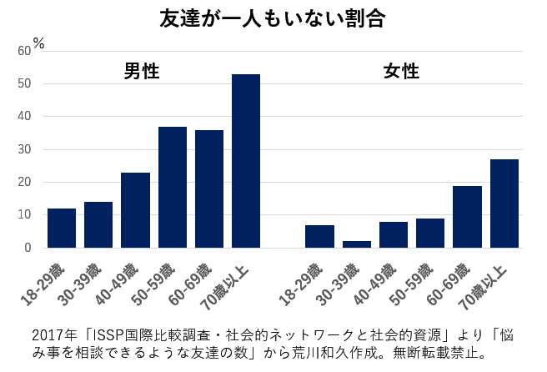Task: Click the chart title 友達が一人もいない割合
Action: click(272, 19)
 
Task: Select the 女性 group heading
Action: click(401, 72)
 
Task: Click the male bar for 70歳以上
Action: click(246, 161)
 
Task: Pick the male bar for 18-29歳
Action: click(62, 228)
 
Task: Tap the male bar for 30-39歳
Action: click(98, 224)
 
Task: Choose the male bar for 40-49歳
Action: click(135, 210)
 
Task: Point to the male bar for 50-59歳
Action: click(172, 187)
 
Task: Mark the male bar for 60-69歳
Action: click(209, 189)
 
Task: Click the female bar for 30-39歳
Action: click(357, 244)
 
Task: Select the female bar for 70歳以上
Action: click(504, 204)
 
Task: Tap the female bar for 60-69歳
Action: click(468, 217)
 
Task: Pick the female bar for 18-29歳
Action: click(320, 236)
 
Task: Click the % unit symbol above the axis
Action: click(38, 42)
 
